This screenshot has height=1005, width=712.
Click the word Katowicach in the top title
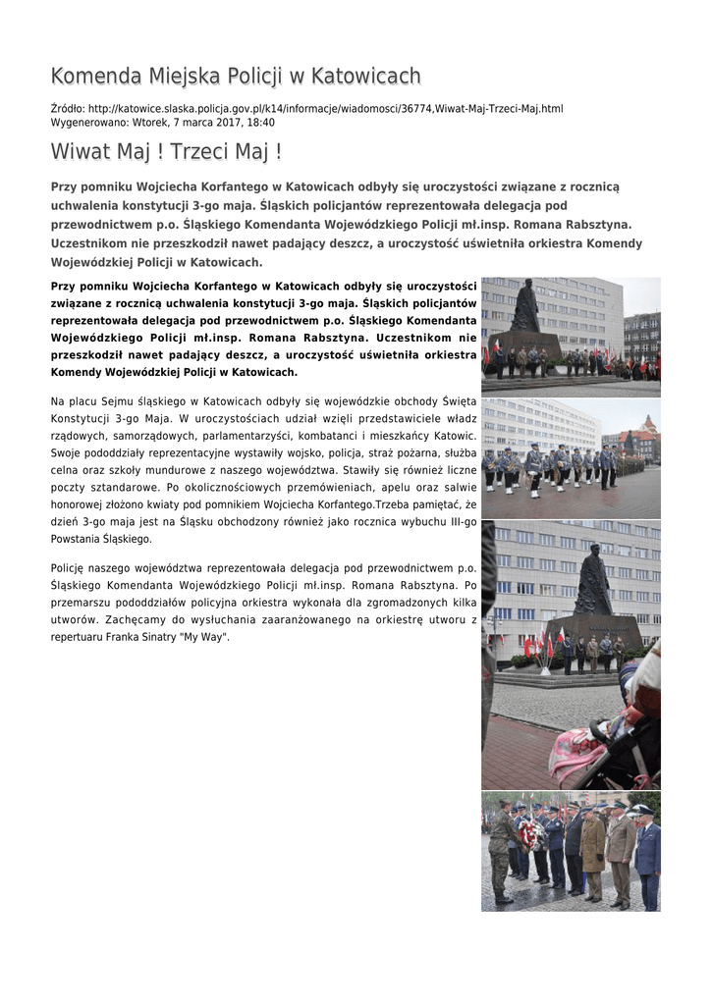365,77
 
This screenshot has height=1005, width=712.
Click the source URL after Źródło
325,108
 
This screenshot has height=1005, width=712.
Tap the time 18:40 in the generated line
261,123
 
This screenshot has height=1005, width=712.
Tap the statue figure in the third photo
592,581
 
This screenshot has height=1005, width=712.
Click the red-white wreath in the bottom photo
531,833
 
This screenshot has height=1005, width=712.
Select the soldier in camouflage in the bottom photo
501,850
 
